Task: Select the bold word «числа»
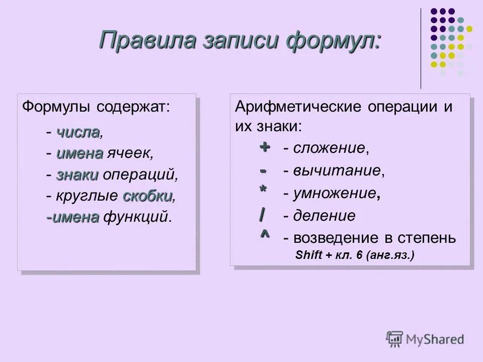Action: (x=78, y=133)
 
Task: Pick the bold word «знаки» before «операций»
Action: (x=77, y=175)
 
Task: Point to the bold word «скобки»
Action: (x=147, y=196)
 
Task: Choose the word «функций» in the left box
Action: (x=136, y=217)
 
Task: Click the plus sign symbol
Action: (x=265, y=147)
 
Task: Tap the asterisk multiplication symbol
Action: (x=263, y=190)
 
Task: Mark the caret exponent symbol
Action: (x=264, y=234)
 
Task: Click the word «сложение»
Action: (x=330, y=148)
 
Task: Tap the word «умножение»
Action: (x=335, y=194)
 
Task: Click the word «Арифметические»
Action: (x=300, y=107)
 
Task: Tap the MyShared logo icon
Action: (x=394, y=339)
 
